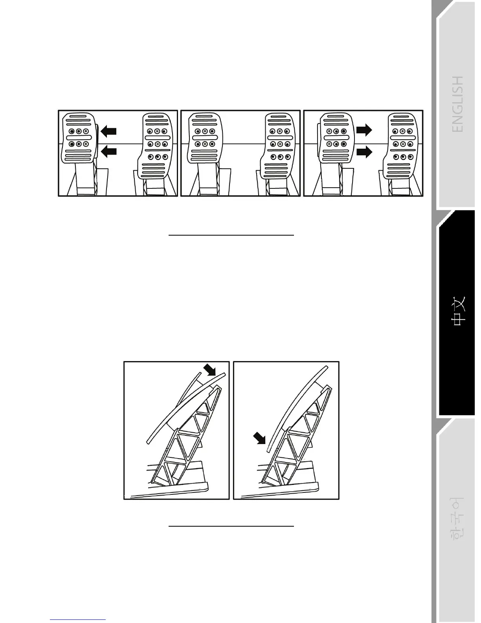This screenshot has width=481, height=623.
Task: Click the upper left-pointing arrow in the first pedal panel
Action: coord(109,132)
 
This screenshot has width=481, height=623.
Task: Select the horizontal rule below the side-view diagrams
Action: coord(231,526)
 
